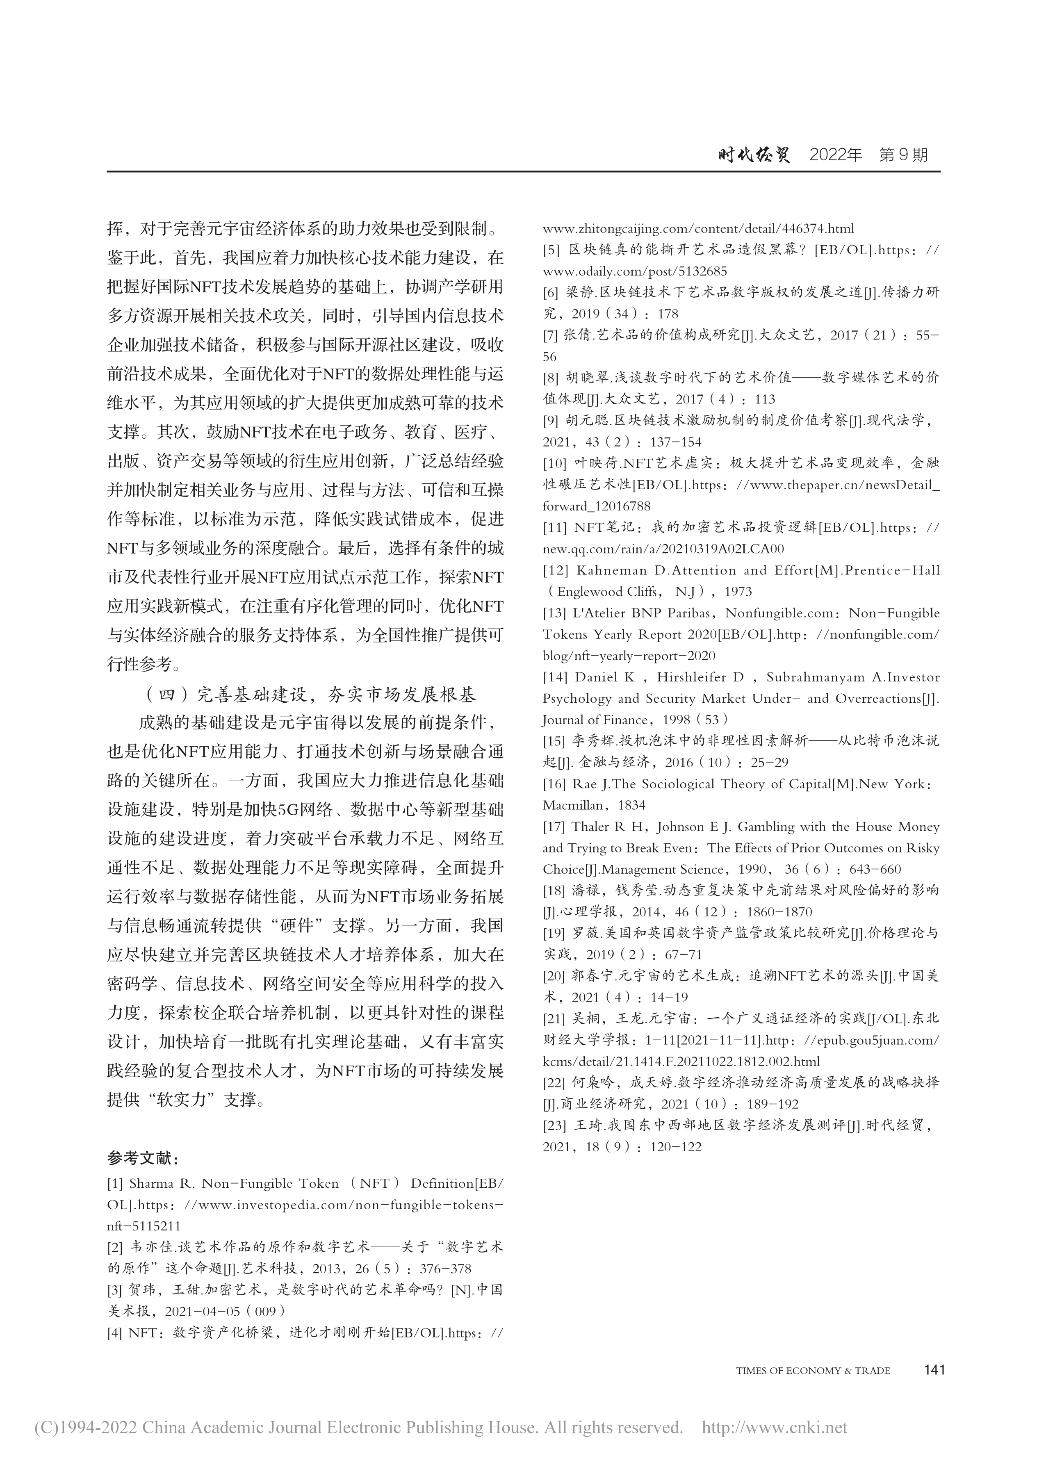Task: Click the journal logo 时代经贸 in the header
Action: [x=754, y=155]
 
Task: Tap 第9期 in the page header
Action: [x=903, y=155]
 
